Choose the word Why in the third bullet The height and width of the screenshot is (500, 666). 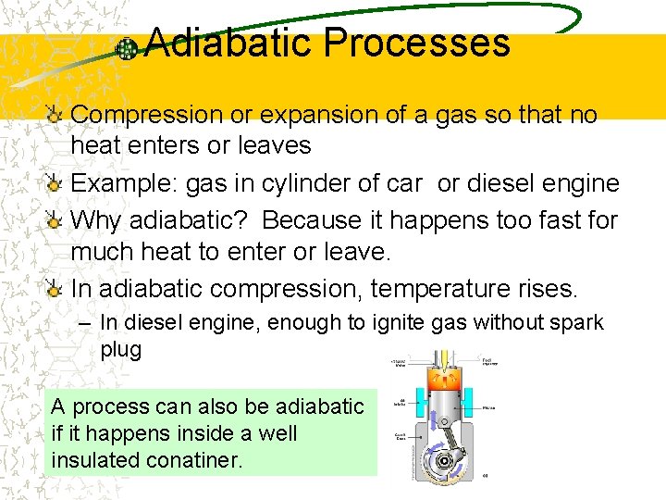click(x=95, y=220)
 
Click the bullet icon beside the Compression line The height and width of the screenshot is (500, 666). click(x=55, y=115)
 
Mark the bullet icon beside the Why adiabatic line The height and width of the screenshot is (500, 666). click(x=55, y=220)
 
